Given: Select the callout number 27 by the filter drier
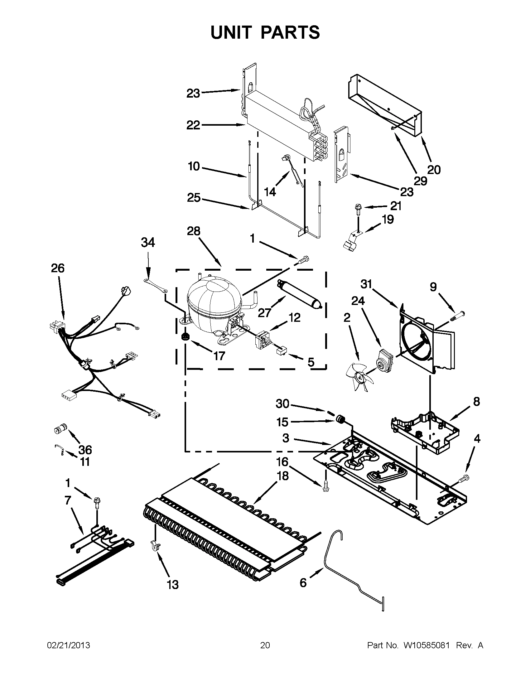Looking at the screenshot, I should coord(265,312).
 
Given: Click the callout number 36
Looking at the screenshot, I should coord(85,450).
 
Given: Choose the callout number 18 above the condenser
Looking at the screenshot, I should coord(282,476).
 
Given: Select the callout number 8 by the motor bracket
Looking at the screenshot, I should coord(476,402).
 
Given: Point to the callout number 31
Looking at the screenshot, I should coord(366,284).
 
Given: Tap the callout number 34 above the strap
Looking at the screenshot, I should coord(148,242).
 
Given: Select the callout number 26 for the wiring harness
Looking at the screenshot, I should coord(58,268).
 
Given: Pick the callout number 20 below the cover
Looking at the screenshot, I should coord(434,170).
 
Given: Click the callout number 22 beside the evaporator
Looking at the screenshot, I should coord(193,125).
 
